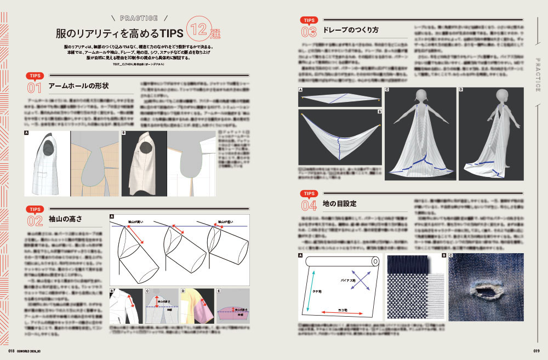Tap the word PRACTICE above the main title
(134, 18)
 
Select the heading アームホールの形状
(78, 86)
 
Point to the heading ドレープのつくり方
(351, 30)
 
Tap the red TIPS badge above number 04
(309, 193)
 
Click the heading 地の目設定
(340, 203)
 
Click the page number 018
(11, 352)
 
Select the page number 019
(536, 352)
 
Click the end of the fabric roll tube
(375, 260)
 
